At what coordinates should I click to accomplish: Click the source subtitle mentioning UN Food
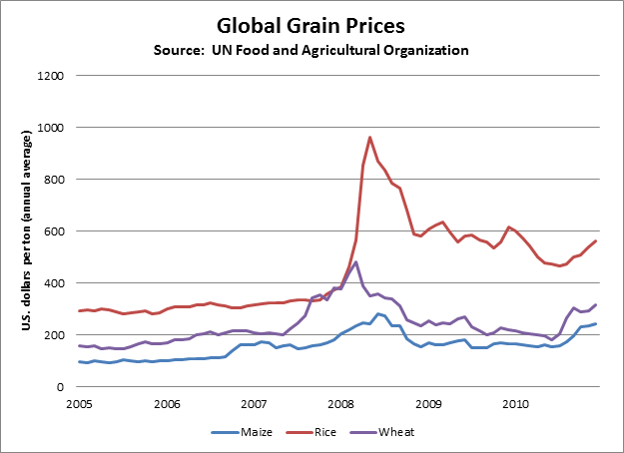pyautogui.click(x=312, y=49)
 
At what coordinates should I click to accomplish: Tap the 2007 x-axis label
pyautogui.click(x=254, y=405)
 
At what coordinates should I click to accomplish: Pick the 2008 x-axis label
pyautogui.click(x=340, y=405)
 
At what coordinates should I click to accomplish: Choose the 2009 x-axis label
pyautogui.click(x=428, y=405)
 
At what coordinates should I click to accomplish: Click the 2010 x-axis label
pyautogui.click(x=515, y=405)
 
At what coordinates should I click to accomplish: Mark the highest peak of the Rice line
pyautogui.click(x=370, y=138)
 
